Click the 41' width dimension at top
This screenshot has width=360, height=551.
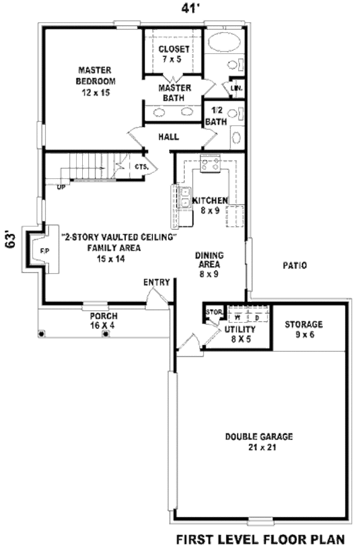(x=191, y=8)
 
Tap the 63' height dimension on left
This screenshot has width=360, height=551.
(x=9, y=240)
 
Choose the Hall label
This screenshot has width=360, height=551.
(x=169, y=137)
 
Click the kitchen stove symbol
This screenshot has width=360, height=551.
(x=211, y=164)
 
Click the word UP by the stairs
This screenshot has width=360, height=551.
(x=61, y=187)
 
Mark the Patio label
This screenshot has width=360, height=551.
(x=295, y=265)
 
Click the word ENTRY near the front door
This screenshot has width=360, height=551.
(x=157, y=282)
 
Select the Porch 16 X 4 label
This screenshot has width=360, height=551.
(x=104, y=321)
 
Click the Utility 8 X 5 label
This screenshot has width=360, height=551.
(x=240, y=334)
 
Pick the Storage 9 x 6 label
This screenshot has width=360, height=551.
(x=304, y=329)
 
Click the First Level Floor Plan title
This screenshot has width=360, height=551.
(x=260, y=539)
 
